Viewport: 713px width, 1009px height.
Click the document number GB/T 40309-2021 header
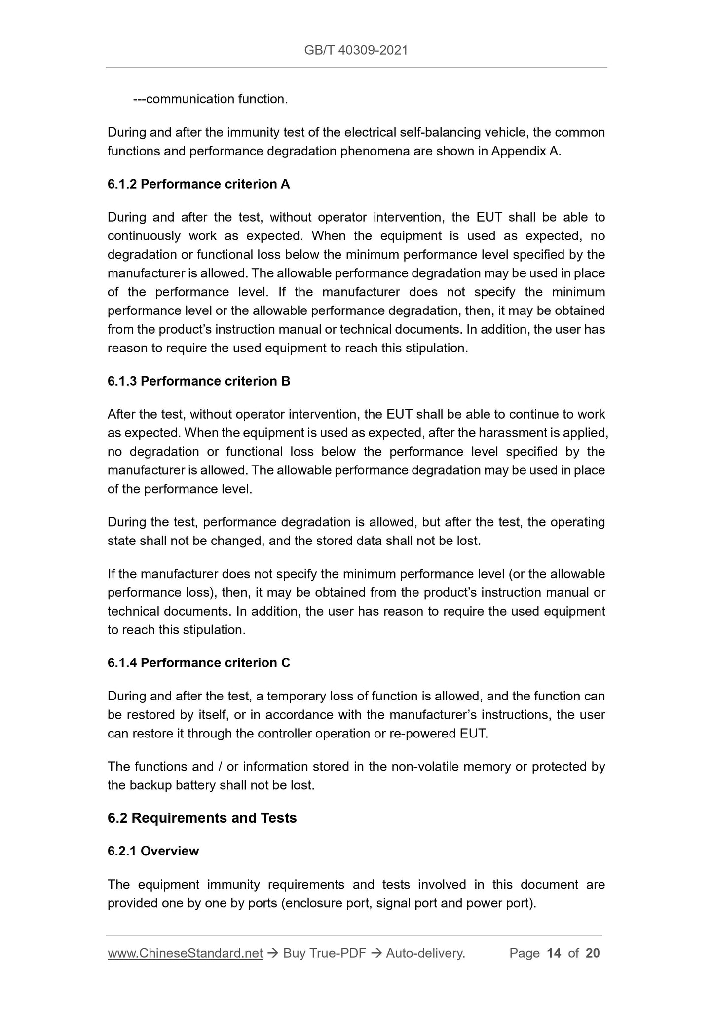pos(356,50)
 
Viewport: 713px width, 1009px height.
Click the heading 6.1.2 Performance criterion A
pos(198,184)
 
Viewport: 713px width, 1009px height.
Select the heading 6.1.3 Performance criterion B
pos(198,381)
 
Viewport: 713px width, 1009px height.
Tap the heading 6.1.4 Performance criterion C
pos(198,663)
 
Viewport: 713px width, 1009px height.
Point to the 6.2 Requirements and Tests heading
pos(202,818)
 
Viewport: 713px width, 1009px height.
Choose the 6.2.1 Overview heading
pos(153,851)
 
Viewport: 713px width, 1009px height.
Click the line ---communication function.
pos(210,99)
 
